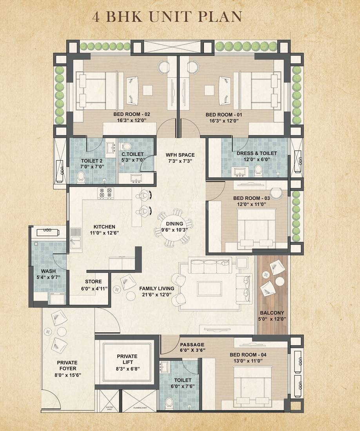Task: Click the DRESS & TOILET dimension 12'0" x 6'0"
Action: [x=257, y=160]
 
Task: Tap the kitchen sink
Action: [x=75, y=239]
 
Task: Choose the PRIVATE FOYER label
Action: [x=67, y=366]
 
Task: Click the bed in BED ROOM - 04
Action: [x=251, y=382]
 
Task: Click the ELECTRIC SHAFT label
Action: [x=110, y=408]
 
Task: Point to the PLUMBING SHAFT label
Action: [x=140, y=408]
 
